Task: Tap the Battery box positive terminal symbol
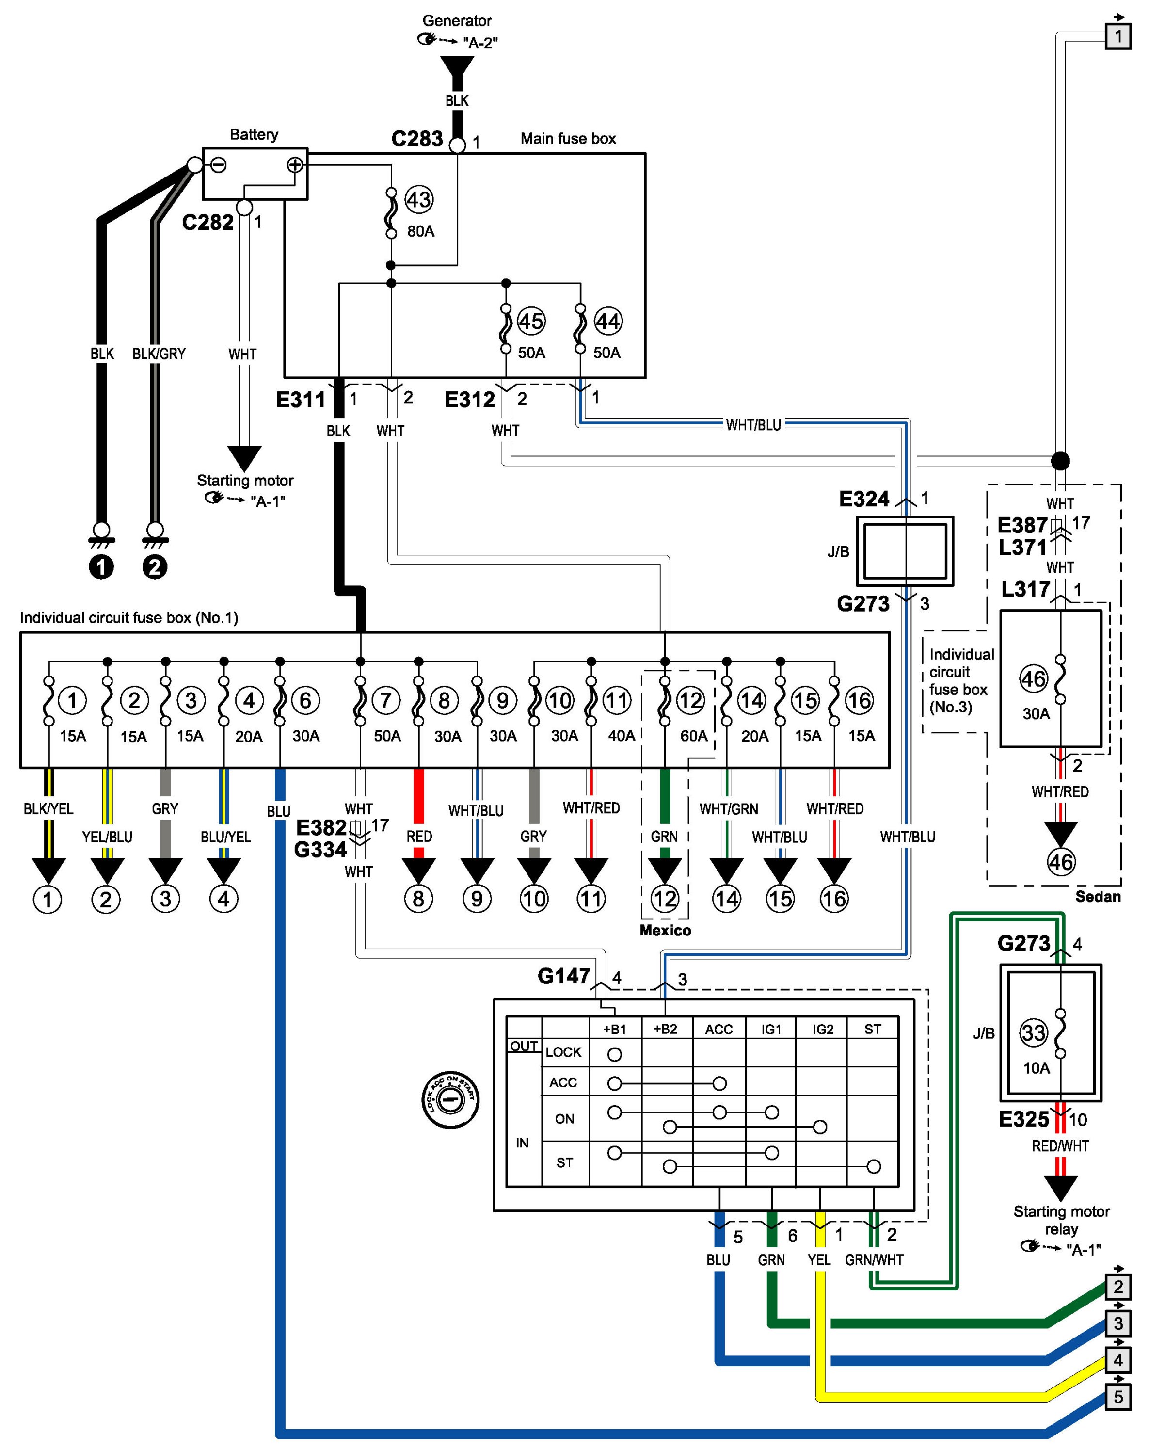pyautogui.click(x=295, y=165)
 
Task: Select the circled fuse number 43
pyautogui.click(x=418, y=200)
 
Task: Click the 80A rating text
pyautogui.click(x=420, y=231)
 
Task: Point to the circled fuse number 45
pyautogui.click(x=531, y=321)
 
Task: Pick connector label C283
pyautogui.click(x=417, y=139)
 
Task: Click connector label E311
pyautogui.click(x=301, y=400)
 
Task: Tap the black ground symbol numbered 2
pyautogui.click(x=155, y=566)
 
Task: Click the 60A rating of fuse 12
pyautogui.click(x=694, y=736)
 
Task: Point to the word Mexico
pyautogui.click(x=665, y=930)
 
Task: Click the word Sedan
pyautogui.click(x=1098, y=896)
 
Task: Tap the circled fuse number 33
pyautogui.click(x=1033, y=1032)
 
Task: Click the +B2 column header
pyautogui.click(x=665, y=1029)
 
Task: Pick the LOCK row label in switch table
pyautogui.click(x=563, y=1052)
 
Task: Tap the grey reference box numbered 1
pyautogui.click(x=1118, y=36)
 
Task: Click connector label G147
pyautogui.click(x=564, y=976)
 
